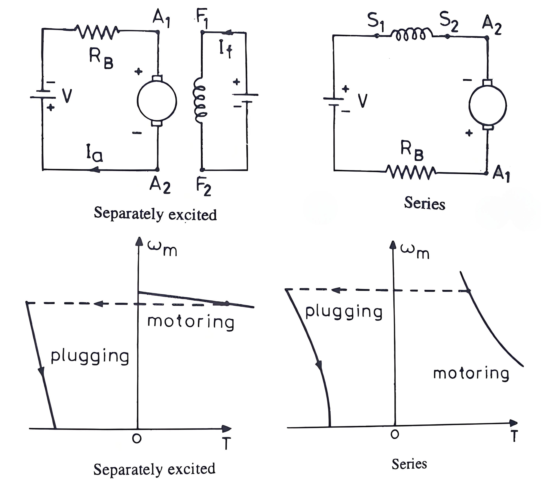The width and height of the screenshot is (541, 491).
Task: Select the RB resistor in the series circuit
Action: [x=411, y=172]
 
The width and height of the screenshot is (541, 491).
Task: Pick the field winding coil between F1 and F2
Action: [x=199, y=100]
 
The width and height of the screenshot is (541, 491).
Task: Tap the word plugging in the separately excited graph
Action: [x=90, y=357]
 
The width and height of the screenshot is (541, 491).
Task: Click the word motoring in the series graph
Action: [x=471, y=374]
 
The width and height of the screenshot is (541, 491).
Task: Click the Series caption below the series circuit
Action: [x=424, y=203]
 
